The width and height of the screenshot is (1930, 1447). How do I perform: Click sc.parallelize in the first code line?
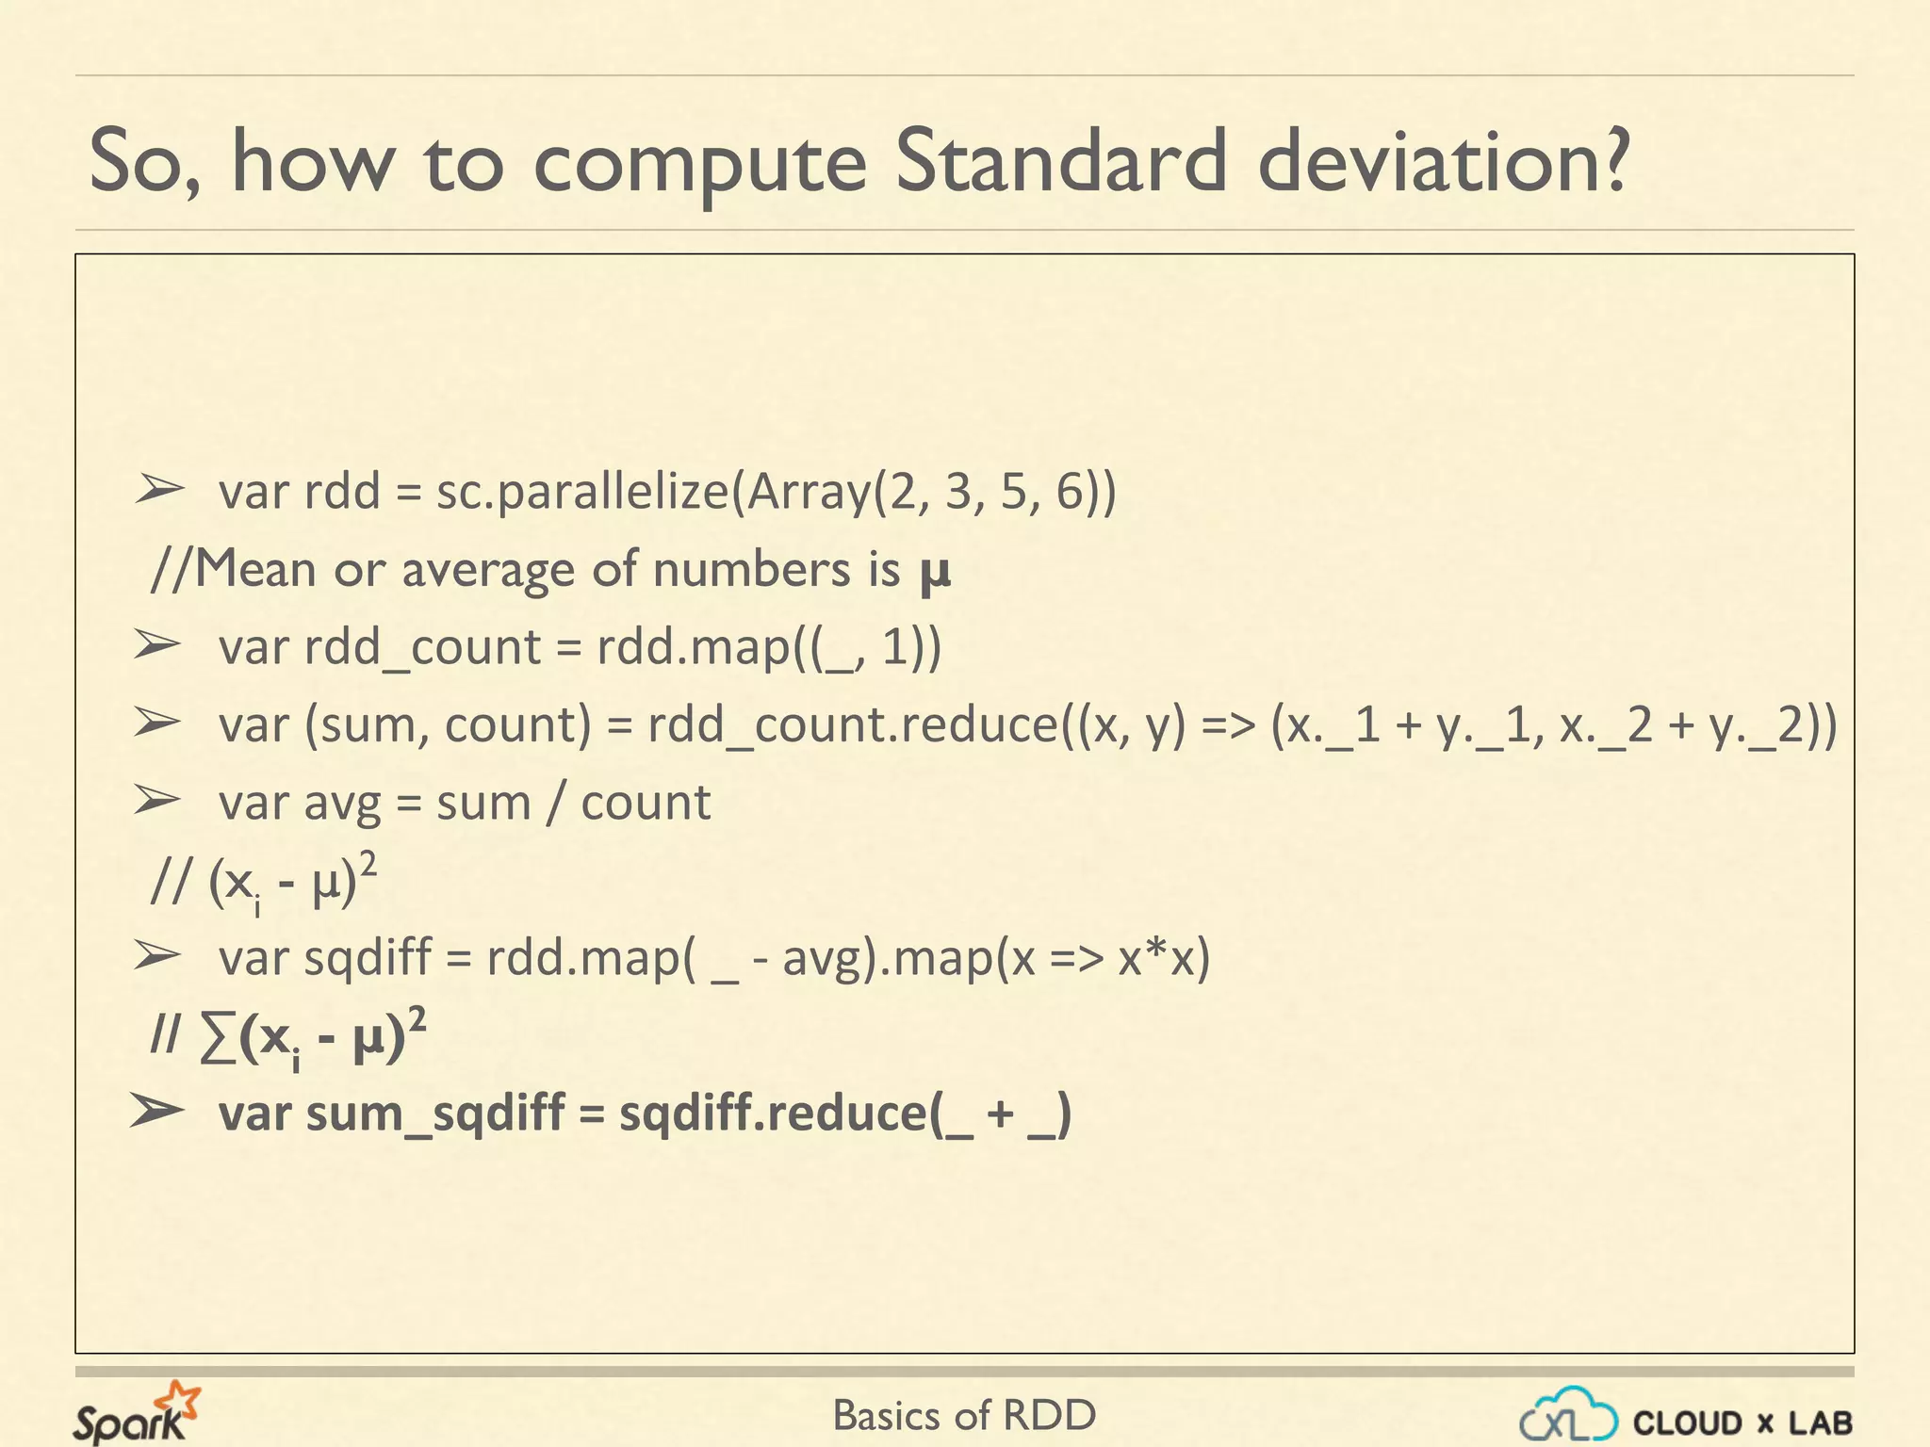click(x=581, y=493)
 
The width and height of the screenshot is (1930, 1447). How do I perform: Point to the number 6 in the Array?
click(x=1071, y=491)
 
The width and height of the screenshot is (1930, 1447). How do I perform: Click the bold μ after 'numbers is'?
click(x=935, y=572)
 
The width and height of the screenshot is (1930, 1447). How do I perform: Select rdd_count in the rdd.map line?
click(x=422, y=648)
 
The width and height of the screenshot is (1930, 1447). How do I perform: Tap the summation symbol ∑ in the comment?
click(x=218, y=1039)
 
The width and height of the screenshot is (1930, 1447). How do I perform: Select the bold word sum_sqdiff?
click(x=435, y=1114)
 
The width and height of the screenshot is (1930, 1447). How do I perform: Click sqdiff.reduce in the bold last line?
click(x=773, y=1114)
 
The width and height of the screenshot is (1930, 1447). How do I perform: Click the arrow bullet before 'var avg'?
click(x=156, y=800)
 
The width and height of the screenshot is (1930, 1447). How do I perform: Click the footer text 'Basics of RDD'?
click(x=964, y=1416)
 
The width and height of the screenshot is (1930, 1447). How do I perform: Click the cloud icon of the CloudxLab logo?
click(x=1568, y=1414)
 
